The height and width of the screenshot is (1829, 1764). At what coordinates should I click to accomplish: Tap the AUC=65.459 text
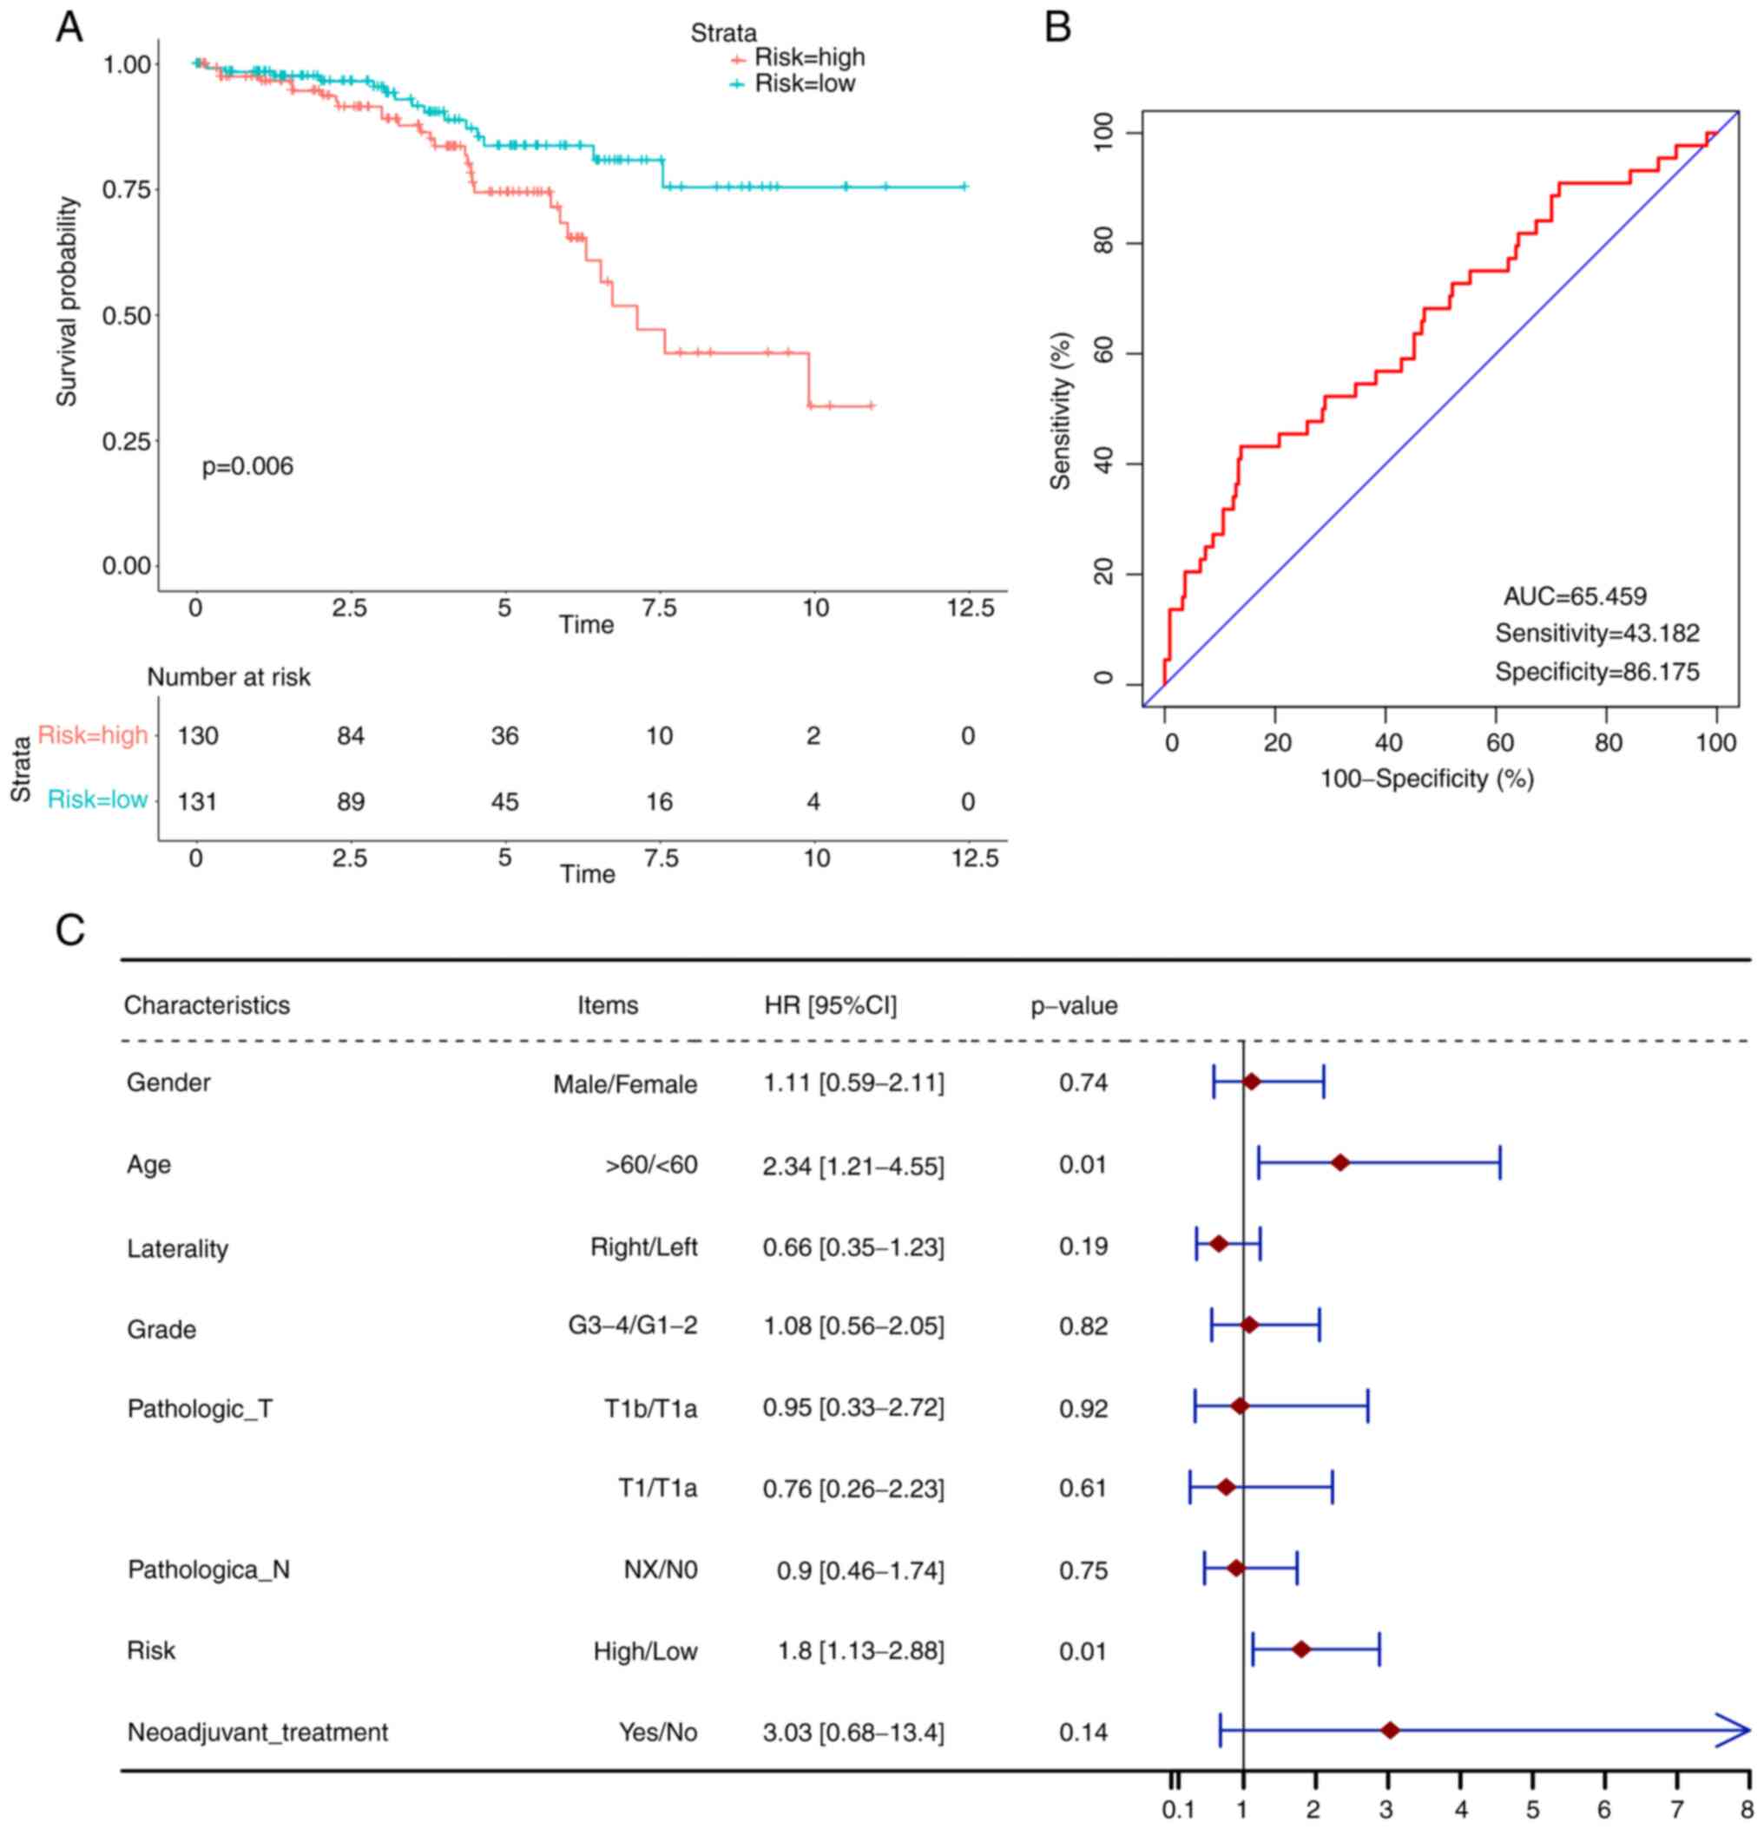(x=1575, y=596)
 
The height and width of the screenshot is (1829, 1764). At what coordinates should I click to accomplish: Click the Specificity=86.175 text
(x=1597, y=672)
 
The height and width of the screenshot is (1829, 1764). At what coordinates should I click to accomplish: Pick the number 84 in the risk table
(x=351, y=736)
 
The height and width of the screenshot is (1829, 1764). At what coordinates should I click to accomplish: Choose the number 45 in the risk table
(x=505, y=801)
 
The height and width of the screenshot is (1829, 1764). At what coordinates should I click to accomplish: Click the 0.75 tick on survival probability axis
(x=126, y=189)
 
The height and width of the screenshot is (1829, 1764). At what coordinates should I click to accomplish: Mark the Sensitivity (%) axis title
(x=1060, y=411)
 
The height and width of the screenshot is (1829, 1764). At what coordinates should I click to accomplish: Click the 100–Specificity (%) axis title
(x=1426, y=779)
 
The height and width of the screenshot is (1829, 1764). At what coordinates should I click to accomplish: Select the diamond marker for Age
(x=1340, y=1162)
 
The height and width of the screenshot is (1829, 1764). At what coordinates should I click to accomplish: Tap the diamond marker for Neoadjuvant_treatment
(x=1390, y=1731)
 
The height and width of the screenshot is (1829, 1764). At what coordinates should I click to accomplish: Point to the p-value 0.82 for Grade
(x=1083, y=1326)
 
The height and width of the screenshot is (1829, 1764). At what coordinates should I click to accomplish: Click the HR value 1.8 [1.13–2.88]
(x=860, y=1651)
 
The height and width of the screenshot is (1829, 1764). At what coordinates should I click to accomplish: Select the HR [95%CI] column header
(x=830, y=1006)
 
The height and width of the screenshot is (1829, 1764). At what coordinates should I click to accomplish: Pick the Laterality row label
(x=177, y=1248)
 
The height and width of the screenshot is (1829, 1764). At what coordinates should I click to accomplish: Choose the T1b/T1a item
(x=649, y=1408)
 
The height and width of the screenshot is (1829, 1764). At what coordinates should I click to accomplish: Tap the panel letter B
(x=1057, y=27)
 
